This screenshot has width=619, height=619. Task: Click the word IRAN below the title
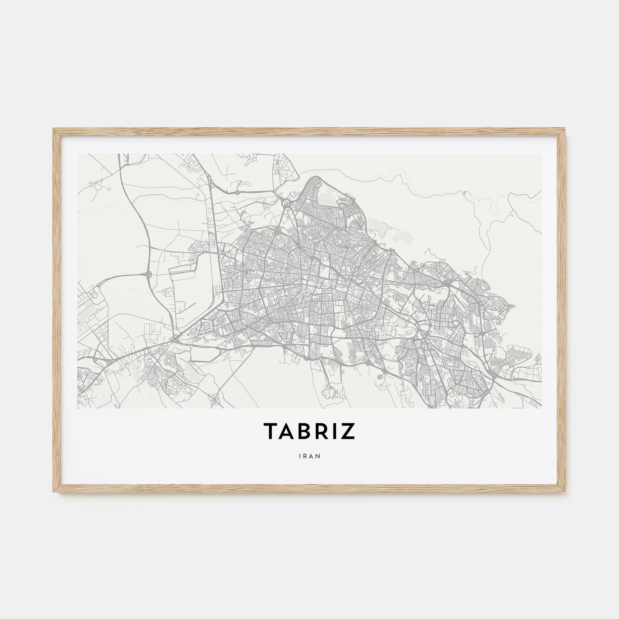coord(309,456)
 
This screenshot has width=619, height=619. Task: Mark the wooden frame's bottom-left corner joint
coord(56,490)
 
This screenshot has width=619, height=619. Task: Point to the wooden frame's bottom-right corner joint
coord(562,490)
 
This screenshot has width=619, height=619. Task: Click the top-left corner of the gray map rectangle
coord(78,154)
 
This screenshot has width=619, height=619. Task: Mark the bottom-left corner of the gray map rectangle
coord(78,408)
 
